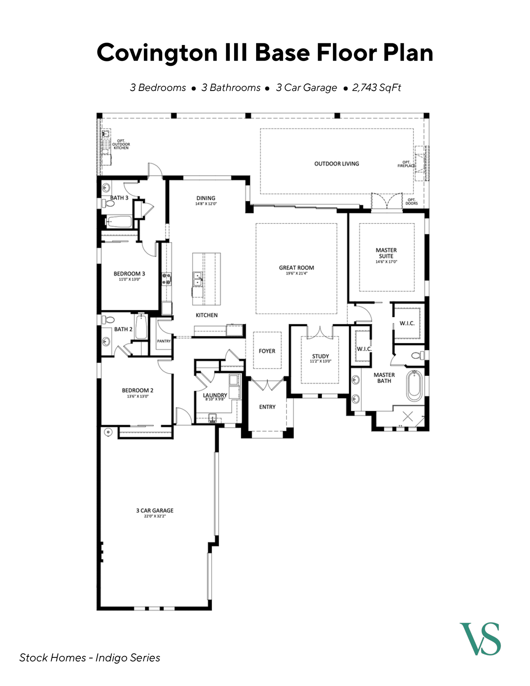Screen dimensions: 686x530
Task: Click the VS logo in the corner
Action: click(480, 639)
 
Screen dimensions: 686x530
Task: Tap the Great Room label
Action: click(296, 268)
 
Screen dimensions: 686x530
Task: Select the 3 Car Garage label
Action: click(155, 510)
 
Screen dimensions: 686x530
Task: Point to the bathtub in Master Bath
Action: click(415, 386)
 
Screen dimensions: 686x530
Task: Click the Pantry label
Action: click(164, 341)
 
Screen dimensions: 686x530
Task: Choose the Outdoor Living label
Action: click(337, 163)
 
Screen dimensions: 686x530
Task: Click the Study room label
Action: click(320, 356)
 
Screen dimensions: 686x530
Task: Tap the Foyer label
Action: click(267, 351)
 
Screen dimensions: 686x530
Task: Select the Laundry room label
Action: click(215, 395)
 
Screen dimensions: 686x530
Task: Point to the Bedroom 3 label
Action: click(129, 273)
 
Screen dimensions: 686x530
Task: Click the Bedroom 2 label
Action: click(137, 390)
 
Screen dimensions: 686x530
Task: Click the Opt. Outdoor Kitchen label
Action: click(121, 144)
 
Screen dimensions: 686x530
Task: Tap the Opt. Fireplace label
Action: click(406, 164)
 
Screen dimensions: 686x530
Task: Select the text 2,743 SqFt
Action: click(376, 87)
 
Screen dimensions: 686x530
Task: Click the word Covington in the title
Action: click(157, 53)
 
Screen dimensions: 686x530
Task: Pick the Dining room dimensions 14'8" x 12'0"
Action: click(206, 204)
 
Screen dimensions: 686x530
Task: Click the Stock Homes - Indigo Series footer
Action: click(90, 657)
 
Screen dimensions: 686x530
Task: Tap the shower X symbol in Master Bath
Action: click(408, 416)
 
